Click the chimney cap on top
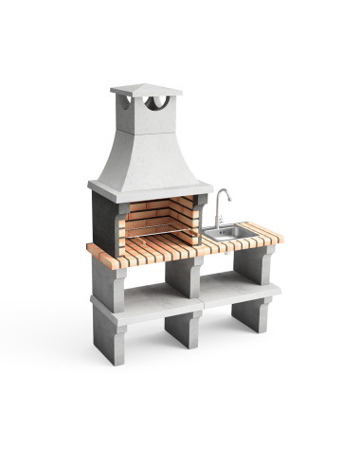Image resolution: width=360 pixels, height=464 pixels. (x=146, y=90)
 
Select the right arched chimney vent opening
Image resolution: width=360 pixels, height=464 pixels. (x=161, y=102)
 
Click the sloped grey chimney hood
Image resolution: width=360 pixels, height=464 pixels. (x=149, y=156)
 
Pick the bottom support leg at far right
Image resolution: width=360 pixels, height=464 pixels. (x=252, y=313)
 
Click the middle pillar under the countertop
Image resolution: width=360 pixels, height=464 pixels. (x=184, y=277)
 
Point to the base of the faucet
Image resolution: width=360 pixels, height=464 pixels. (x=216, y=226)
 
